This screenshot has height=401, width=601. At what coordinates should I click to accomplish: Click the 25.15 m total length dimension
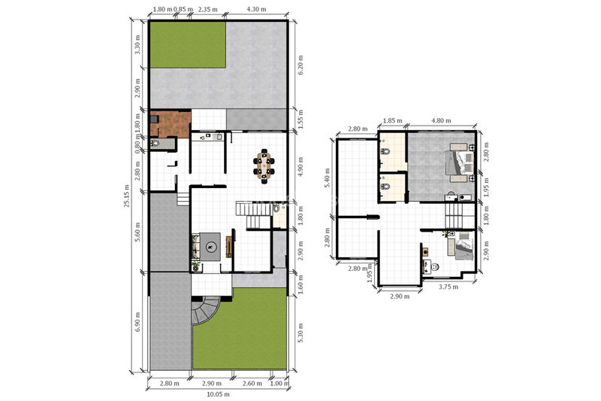(127, 196)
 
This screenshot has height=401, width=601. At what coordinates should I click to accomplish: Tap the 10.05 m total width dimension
(218, 394)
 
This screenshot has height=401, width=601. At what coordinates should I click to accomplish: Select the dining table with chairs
(264, 166)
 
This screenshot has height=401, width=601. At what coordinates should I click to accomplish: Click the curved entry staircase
(205, 310)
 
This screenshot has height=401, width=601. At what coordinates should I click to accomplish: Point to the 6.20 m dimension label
(300, 65)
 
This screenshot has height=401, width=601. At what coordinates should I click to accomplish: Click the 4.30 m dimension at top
(256, 9)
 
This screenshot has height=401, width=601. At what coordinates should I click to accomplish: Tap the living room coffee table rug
(210, 246)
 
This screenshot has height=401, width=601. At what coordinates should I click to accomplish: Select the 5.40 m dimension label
(327, 178)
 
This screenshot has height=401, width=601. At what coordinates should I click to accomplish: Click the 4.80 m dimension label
(441, 120)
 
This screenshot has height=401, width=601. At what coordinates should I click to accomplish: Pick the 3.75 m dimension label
(448, 286)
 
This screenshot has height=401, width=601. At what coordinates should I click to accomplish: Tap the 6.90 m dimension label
(137, 321)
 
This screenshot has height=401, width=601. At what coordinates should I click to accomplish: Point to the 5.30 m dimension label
(300, 333)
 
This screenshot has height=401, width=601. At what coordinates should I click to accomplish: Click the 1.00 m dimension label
(279, 384)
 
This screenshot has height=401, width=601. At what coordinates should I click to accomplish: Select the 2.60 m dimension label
(252, 384)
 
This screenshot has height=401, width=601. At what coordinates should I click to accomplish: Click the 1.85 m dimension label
(392, 120)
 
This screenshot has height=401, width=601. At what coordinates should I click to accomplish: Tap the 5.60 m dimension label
(137, 232)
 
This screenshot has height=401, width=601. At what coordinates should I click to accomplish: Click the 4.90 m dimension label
(300, 166)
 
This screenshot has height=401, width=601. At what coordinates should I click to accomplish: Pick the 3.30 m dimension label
(137, 44)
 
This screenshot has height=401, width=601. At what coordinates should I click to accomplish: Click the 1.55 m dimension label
(300, 119)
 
